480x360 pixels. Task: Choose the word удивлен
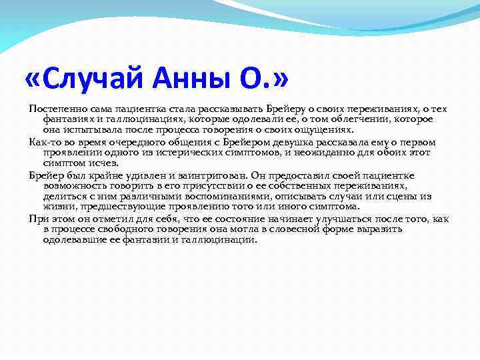point(132,175)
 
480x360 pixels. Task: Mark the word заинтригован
point(196,175)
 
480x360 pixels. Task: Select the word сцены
point(391,196)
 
